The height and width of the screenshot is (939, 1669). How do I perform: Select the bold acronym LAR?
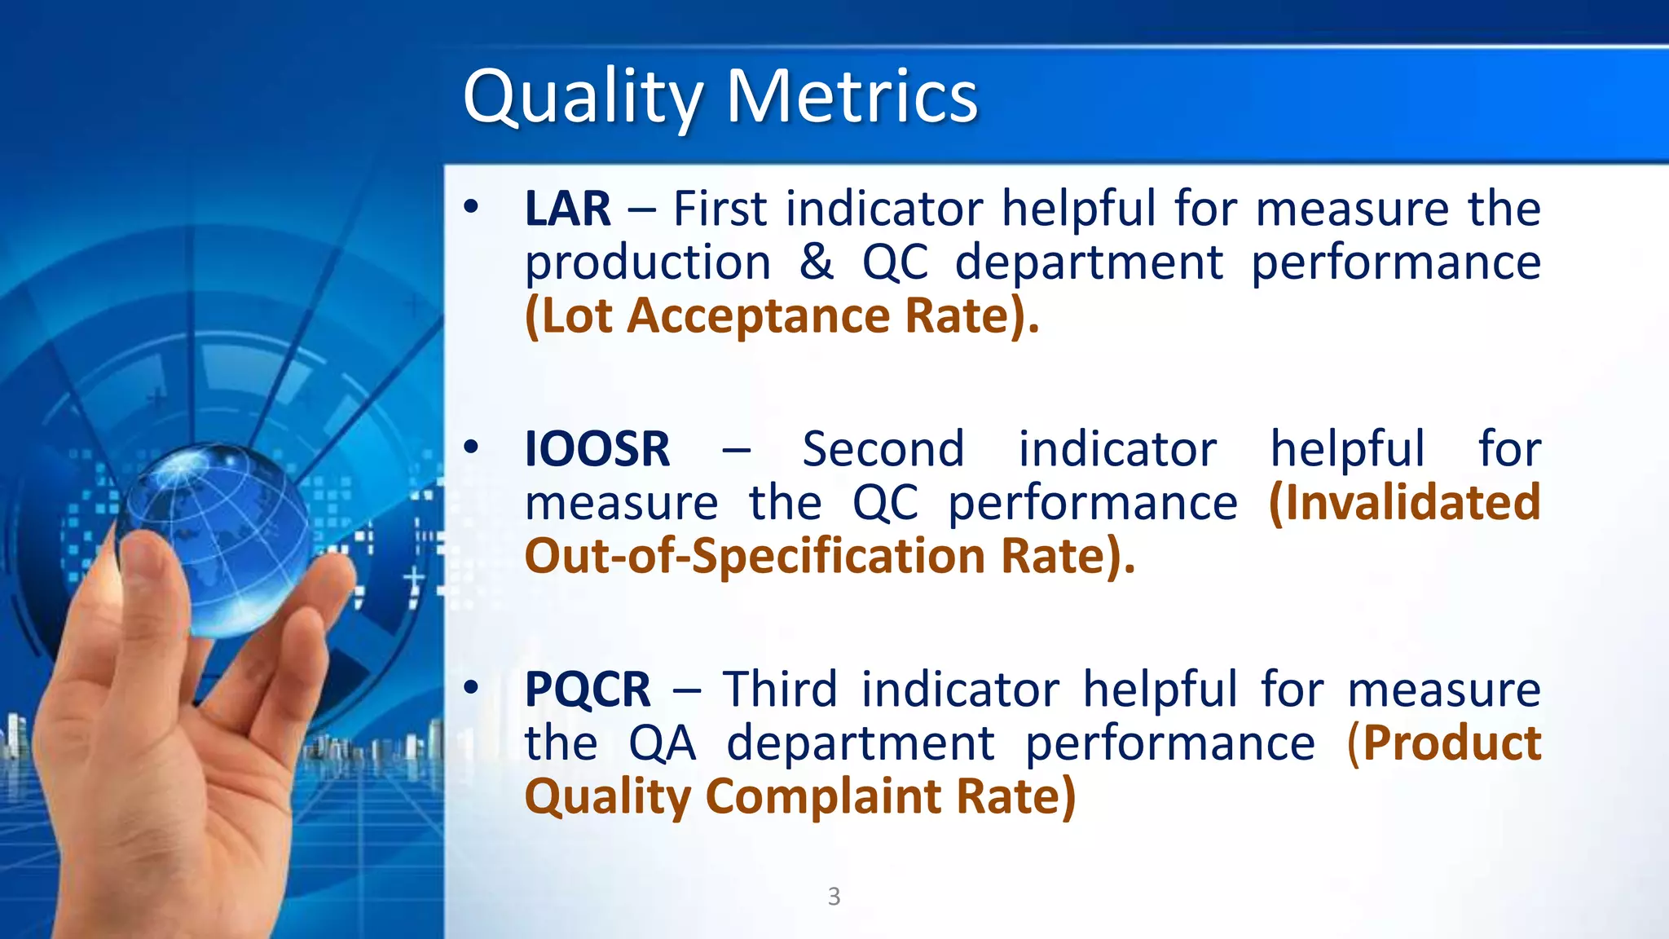click(567, 209)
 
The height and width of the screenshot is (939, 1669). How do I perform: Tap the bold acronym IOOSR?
click(597, 449)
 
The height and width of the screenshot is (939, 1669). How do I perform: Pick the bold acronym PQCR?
click(588, 690)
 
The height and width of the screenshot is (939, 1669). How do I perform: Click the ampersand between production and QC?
click(816, 262)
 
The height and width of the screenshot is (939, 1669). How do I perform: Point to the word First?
click(720, 209)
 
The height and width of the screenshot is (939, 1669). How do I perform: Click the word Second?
click(883, 449)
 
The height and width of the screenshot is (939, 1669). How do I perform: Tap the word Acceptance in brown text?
click(759, 316)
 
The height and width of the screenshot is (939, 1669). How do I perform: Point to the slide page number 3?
click(834, 896)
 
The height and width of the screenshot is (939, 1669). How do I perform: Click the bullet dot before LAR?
click(471, 207)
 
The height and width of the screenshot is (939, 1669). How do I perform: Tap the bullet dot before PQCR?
click(471, 688)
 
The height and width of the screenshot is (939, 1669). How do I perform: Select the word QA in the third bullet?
click(662, 743)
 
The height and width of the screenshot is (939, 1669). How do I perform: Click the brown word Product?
click(1451, 743)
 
